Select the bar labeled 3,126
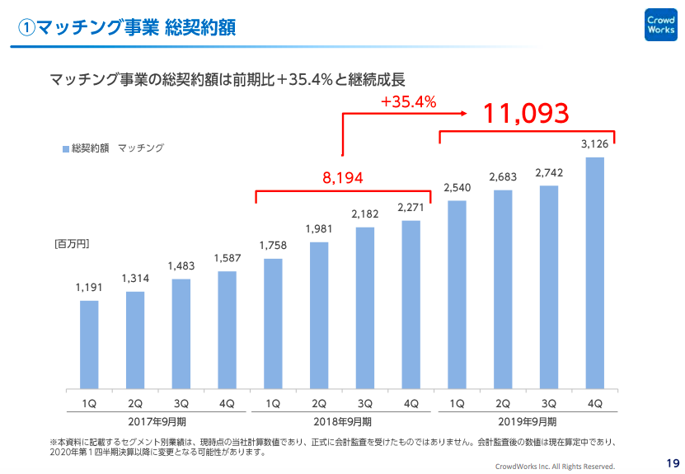pyautogui.click(x=594, y=272)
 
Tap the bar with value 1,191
pyautogui.click(x=89, y=344)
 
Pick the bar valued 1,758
pyautogui.click(x=273, y=323)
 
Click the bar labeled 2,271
pyautogui.click(x=411, y=304)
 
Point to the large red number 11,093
pyautogui.click(x=526, y=113)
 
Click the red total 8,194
pyautogui.click(x=342, y=177)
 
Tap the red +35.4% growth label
pyautogui.click(x=408, y=102)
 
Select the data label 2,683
pyautogui.click(x=502, y=177)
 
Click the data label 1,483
pyautogui.click(x=181, y=266)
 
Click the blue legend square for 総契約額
pyautogui.click(x=66, y=148)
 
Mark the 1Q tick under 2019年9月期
pyautogui.click(x=457, y=403)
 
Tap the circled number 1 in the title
pyautogui.click(x=27, y=28)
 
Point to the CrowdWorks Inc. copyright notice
pyautogui.click(x=557, y=467)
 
